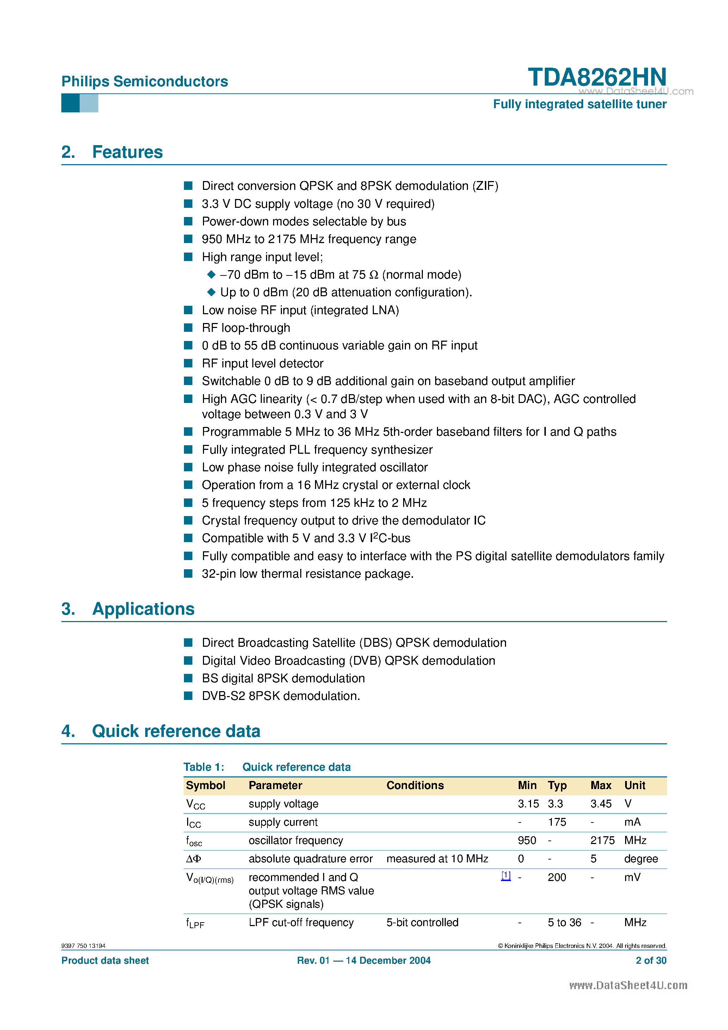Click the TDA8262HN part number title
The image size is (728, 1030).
point(597,77)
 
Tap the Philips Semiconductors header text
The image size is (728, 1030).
point(144,81)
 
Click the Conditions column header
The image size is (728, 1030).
point(415,785)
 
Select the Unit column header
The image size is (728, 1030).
point(635,785)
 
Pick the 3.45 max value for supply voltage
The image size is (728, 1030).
point(600,803)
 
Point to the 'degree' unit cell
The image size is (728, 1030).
point(641,859)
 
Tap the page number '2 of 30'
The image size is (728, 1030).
point(650,961)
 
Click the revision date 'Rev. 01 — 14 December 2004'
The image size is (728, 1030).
point(364,961)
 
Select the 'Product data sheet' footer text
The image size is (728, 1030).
point(105,961)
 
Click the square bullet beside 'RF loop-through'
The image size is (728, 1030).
point(189,328)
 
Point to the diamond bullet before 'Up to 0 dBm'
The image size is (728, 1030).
point(211,292)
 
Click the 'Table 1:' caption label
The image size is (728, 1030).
point(203,767)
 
